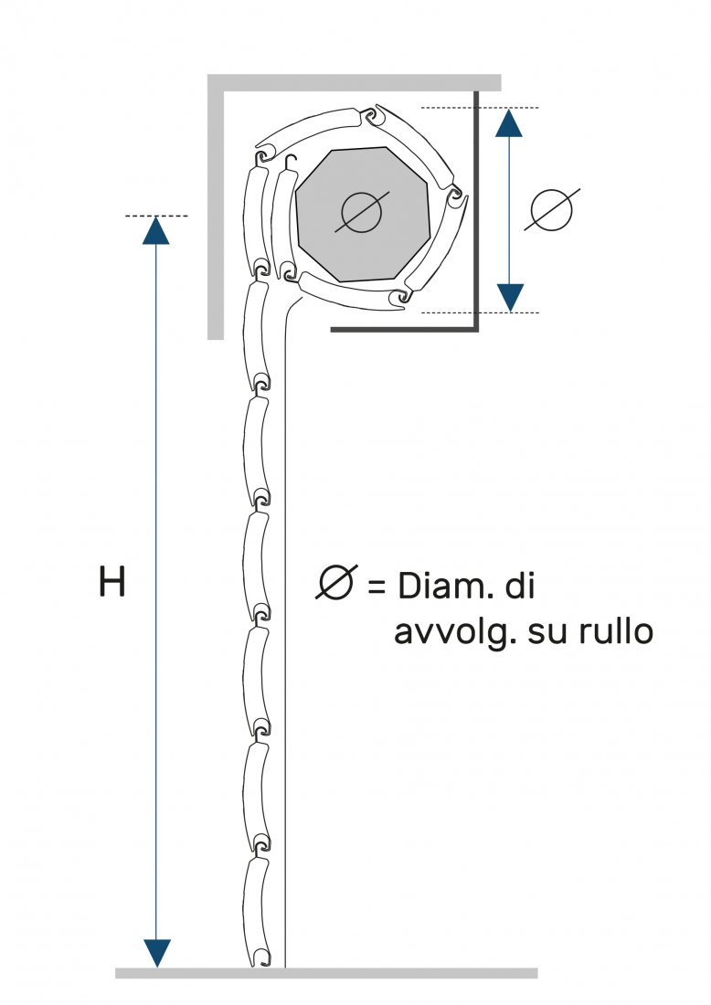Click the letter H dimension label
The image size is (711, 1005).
tap(111, 583)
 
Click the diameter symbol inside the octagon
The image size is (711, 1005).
tap(361, 213)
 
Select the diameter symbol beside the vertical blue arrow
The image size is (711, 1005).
tap(552, 210)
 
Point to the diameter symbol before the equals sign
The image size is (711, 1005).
tap(336, 583)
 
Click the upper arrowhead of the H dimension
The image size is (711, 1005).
tap(157, 230)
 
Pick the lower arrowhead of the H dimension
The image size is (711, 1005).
tap(157, 952)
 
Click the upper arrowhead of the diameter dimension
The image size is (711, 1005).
tap(509, 122)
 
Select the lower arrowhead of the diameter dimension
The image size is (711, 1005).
tap(509, 297)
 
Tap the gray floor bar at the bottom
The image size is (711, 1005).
tap(326, 973)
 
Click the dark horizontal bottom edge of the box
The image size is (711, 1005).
tap(402, 327)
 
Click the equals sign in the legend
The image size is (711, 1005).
tap(377, 586)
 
